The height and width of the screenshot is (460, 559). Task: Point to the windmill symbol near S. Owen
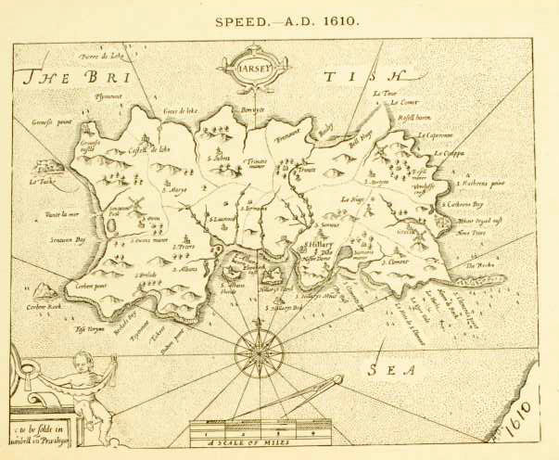point(130,203)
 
